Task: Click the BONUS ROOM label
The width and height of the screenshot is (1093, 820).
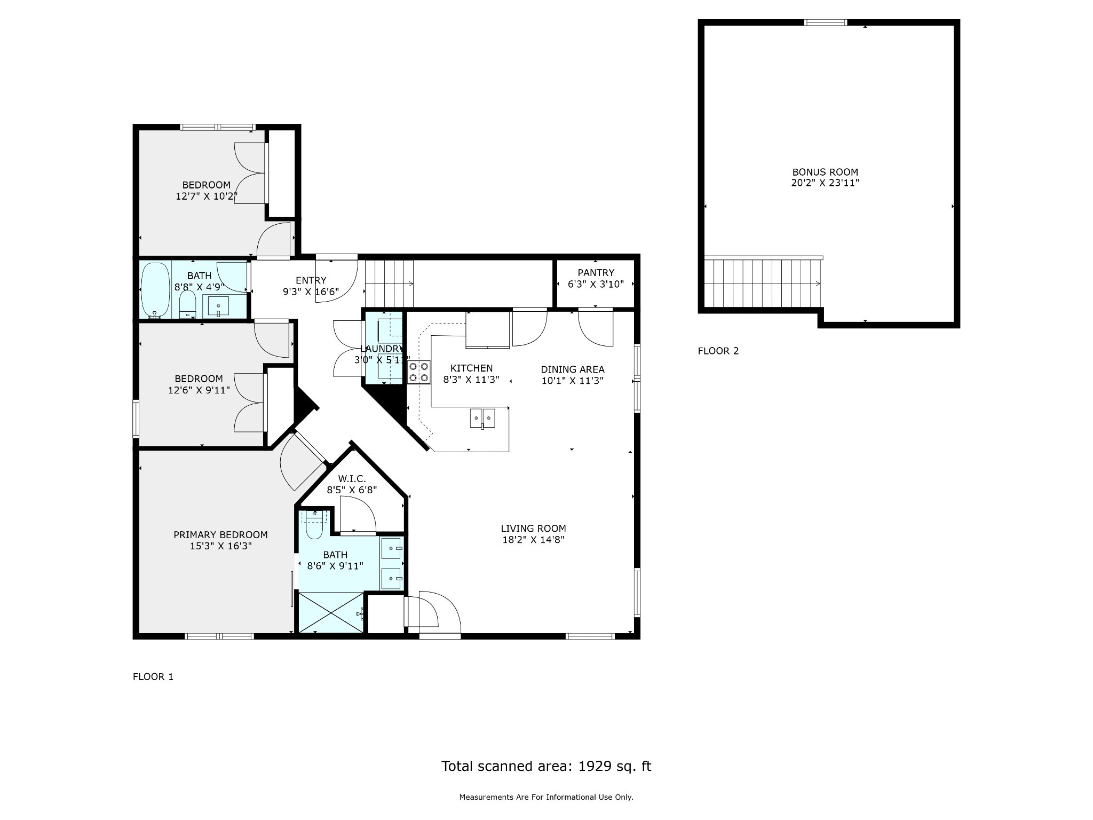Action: tap(825, 172)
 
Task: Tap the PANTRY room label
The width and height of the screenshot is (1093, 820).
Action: tap(596, 273)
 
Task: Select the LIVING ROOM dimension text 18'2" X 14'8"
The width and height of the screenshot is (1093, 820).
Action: tap(533, 540)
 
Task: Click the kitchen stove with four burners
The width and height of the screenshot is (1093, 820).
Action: tap(419, 372)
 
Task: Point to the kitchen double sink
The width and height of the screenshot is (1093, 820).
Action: tap(482, 418)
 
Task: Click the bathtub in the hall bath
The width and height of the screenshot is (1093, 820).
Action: tap(155, 290)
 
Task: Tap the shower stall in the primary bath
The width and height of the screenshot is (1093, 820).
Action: tap(331, 612)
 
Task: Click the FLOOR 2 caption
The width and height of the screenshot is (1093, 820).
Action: tap(718, 351)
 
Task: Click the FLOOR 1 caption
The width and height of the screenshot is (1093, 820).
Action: tap(153, 677)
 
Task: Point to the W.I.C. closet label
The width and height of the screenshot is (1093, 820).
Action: tap(352, 479)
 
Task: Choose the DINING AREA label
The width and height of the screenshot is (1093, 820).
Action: tap(573, 369)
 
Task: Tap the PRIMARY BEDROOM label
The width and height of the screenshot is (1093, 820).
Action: tap(220, 535)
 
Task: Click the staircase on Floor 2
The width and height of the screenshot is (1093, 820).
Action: tap(763, 283)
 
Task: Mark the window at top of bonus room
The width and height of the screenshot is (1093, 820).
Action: tap(826, 22)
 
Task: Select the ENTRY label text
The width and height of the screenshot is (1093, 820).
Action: tap(311, 280)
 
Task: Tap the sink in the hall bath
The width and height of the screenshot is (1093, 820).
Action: tap(218, 306)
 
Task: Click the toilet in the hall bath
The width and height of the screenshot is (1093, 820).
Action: tap(187, 304)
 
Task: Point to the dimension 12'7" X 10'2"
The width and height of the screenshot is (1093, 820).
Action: tap(207, 196)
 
